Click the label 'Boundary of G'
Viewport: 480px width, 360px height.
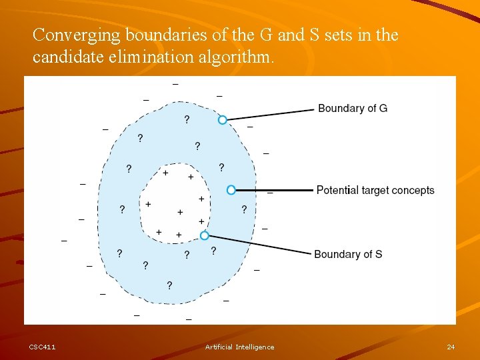tap(353, 108)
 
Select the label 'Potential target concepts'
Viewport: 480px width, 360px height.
tap(375, 190)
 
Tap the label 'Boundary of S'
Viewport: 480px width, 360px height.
tap(348, 254)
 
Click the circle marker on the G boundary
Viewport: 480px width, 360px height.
tap(223, 119)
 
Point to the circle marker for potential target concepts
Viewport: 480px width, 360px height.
tap(231, 190)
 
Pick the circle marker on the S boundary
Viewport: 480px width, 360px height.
tap(205, 235)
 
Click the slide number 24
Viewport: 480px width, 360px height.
tap(451, 347)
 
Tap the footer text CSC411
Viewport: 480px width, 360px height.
tap(42, 347)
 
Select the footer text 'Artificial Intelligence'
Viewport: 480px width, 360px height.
tap(239, 347)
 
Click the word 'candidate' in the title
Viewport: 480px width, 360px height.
tap(64, 57)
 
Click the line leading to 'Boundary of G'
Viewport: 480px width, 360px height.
tap(270, 113)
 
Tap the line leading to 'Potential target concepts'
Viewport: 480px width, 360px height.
tap(273, 190)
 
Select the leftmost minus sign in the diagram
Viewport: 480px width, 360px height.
tap(64, 241)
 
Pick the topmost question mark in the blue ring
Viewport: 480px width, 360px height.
tap(186, 119)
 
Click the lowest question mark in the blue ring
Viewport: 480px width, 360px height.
tap(169, 285)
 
